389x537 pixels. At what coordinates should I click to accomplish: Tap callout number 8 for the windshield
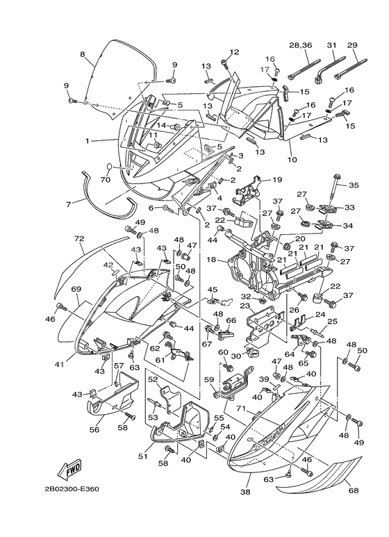point(82,54)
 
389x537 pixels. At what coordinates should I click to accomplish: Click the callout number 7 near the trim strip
point(69,204)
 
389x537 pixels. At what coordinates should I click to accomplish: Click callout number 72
point(79,239)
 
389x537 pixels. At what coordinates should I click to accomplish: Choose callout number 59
point(208,379)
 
